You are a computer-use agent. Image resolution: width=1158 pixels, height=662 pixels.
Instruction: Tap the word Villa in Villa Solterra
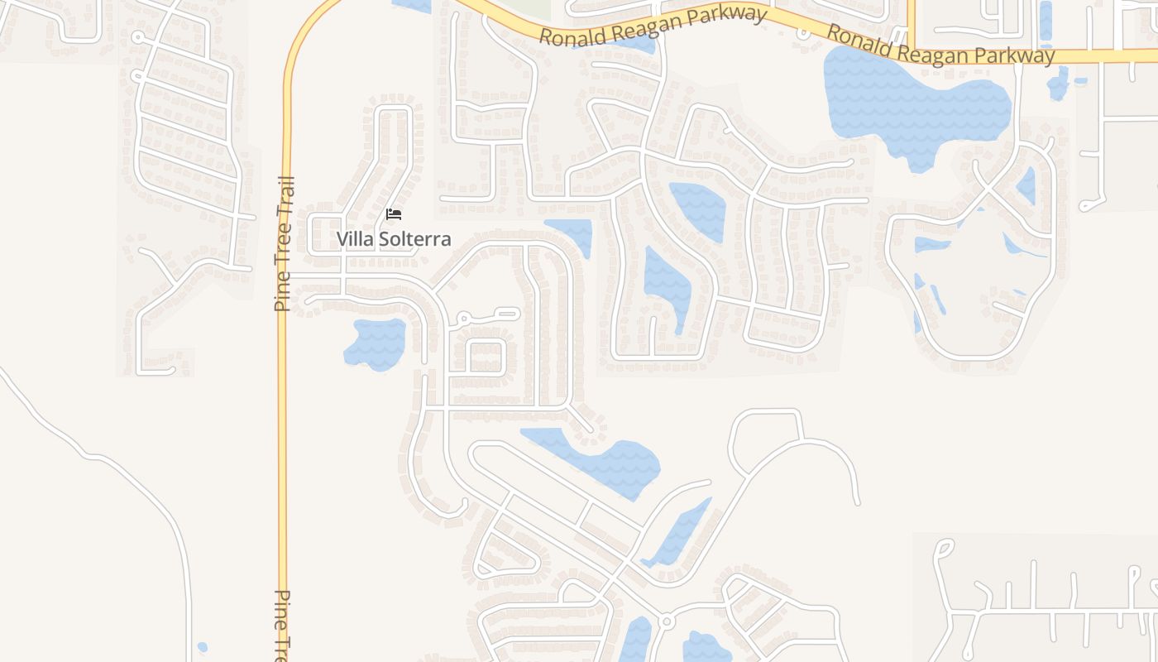pyautogui.click(x=354, y=239)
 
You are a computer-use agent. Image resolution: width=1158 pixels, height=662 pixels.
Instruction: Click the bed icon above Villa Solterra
pyautogui.click(x=394, y=214)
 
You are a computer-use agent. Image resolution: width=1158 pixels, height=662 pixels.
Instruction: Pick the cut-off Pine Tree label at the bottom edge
pyautogui.click(x=283, y=625)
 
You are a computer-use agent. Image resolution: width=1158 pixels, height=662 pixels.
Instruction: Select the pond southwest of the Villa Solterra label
pyautogui.click(x=376, y=343)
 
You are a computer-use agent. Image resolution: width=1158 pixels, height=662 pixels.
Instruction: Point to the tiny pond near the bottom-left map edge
pyautogui.click(x=203, y=647)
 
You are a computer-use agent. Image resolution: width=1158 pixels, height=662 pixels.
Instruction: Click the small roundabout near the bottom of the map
pyautogui.click(x=666, y=621)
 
